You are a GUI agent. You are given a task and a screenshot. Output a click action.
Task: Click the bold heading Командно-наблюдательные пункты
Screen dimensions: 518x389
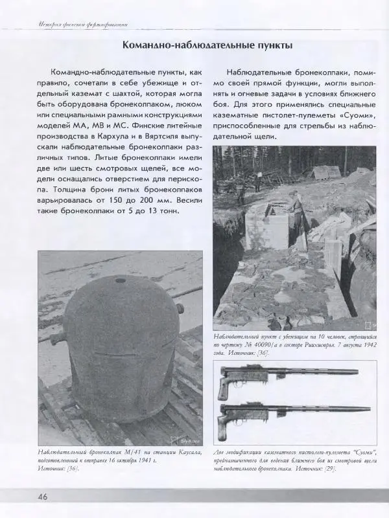(207, 46)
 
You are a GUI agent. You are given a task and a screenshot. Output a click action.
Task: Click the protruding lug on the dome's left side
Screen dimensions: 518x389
(54, 337)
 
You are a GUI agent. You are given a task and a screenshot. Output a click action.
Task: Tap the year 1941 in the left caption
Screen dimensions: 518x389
(143, 460)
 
